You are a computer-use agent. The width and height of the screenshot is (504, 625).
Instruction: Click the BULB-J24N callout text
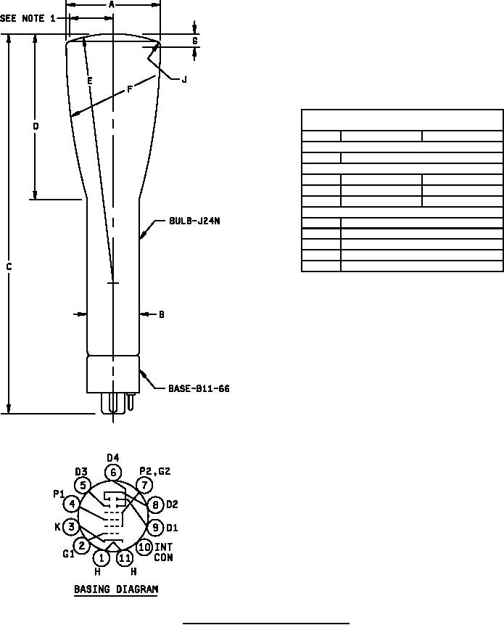click(x=194, y=221)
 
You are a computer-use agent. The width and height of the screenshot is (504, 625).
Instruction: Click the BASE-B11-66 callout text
click(x=199, y=388)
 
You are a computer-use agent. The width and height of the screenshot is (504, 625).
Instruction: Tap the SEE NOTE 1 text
click(x=28, y=18)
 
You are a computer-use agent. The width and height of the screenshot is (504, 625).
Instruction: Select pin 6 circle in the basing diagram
click(x=113, y=473)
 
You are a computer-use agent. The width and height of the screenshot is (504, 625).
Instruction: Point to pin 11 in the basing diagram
click(x=125, y=557)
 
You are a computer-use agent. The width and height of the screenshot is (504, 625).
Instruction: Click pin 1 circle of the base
click(x=102, y=557)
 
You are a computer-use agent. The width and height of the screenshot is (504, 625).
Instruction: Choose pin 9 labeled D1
click(x=156, y=527)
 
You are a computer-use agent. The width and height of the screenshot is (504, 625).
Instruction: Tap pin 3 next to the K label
click(x=71, y=527)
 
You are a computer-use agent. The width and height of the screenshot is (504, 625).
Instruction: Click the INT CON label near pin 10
click(x=164, y=552)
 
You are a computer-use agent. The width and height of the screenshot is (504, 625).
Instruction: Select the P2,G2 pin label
click(x=155, y=471)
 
